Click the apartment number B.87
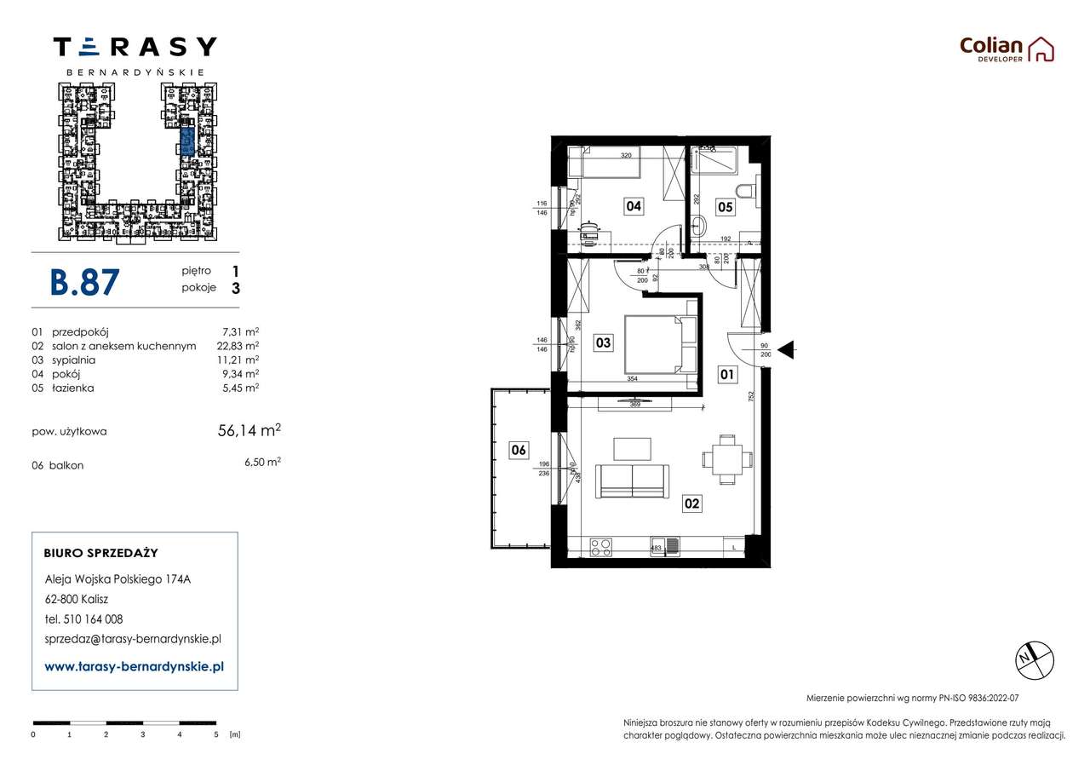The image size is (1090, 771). tap(85, 281)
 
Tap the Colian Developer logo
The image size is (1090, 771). tap(1007, 49)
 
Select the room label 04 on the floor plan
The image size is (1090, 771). tap(633, 205)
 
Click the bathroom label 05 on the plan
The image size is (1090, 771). tap(724, 205)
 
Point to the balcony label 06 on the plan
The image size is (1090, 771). tap(519, 451)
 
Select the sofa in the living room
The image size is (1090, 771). tap(632, 481)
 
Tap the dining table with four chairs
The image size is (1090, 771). tap(726, 459)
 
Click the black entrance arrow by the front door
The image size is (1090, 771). tap(787, 348)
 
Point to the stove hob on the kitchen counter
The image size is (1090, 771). tap(600, 547)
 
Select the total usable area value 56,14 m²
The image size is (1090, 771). tap(250, 431)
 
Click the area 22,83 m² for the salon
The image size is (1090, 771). tap(240, 346)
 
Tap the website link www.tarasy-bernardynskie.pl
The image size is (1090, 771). tap(134, 667)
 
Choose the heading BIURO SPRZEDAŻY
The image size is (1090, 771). tap(100, 553)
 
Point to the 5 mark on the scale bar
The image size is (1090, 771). tap(216, 734)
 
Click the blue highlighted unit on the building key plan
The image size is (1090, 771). tap(186, 141)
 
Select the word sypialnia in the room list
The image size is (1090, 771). tap(73, 360)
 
